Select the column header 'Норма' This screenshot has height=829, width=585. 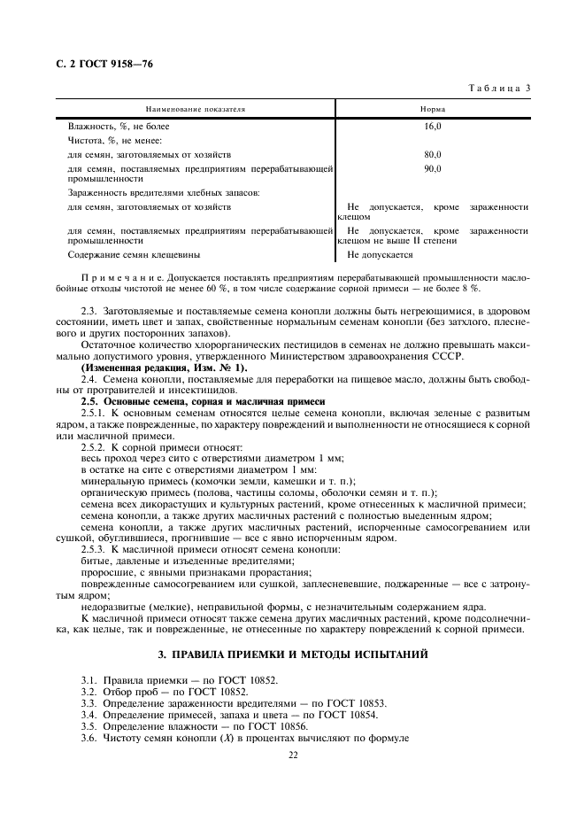click(433, 109)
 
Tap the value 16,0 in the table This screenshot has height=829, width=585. click(433, 127)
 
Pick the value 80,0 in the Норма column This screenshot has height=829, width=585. click(433, 154)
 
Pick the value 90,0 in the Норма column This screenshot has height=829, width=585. click(433, 167)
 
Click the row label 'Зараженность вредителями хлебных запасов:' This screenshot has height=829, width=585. click(164, 192)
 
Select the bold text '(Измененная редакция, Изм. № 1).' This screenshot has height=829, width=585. click(152, 367)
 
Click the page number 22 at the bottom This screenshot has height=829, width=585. click(292, 755)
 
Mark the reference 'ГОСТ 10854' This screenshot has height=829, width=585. click(349, 714)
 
